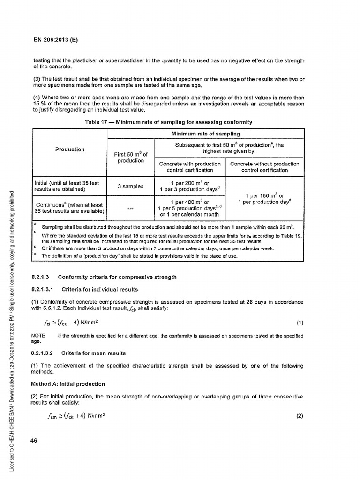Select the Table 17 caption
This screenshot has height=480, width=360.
pyautogui.click(x=168, y=122)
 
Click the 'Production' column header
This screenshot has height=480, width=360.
pyautogui.click(x=70, y=149)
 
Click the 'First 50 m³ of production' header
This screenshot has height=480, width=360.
pyautogui.click(x=131, y=157)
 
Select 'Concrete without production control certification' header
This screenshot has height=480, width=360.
pyautogui.click(x=265, y=167)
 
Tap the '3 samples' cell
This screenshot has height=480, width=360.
pyautogui.click(x=131, y=186)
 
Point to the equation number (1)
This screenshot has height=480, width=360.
pyautogui.click(x=300, y=323)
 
